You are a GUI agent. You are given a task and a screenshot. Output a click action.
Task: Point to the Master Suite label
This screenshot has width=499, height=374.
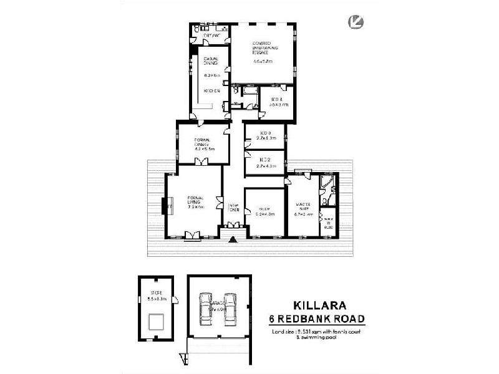303,206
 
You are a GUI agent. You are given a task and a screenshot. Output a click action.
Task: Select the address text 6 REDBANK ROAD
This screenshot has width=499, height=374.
317,319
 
